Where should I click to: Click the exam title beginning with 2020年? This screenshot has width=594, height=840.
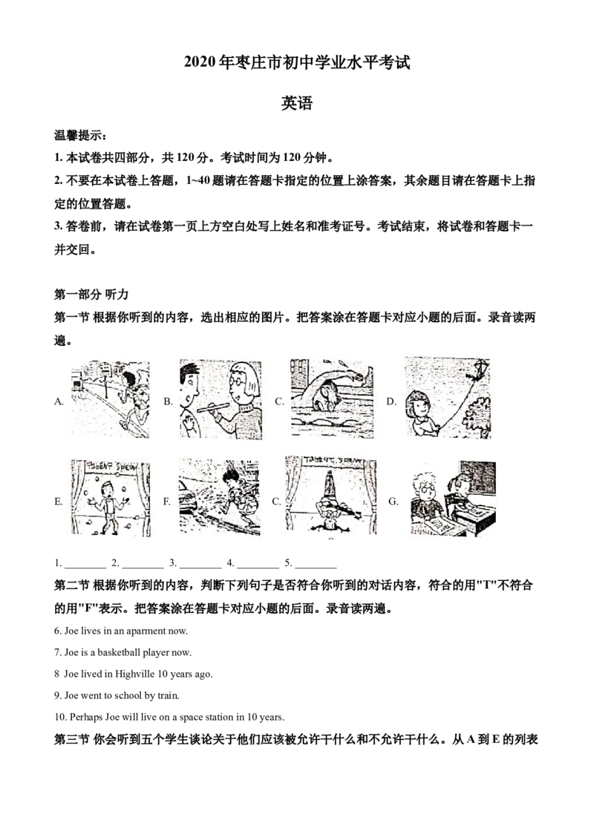[297, 62]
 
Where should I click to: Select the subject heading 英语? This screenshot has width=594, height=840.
[297, 103]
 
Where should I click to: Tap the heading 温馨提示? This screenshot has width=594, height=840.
[80, 135]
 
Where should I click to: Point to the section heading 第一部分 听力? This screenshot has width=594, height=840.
[91, 294]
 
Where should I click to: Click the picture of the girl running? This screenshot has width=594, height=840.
[110, 400]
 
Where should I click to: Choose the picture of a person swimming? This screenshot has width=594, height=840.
[331, 398]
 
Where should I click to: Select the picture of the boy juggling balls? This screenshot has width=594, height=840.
[111, 498]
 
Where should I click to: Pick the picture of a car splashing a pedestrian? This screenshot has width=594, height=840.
[220, 497]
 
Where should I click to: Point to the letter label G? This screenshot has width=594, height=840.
[394, 502]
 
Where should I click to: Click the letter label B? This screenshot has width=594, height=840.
[168, 401]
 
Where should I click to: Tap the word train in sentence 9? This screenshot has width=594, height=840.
[168, 695]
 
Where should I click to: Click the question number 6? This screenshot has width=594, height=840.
[57, 631]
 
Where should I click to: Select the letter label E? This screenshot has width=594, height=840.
[59, 502]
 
